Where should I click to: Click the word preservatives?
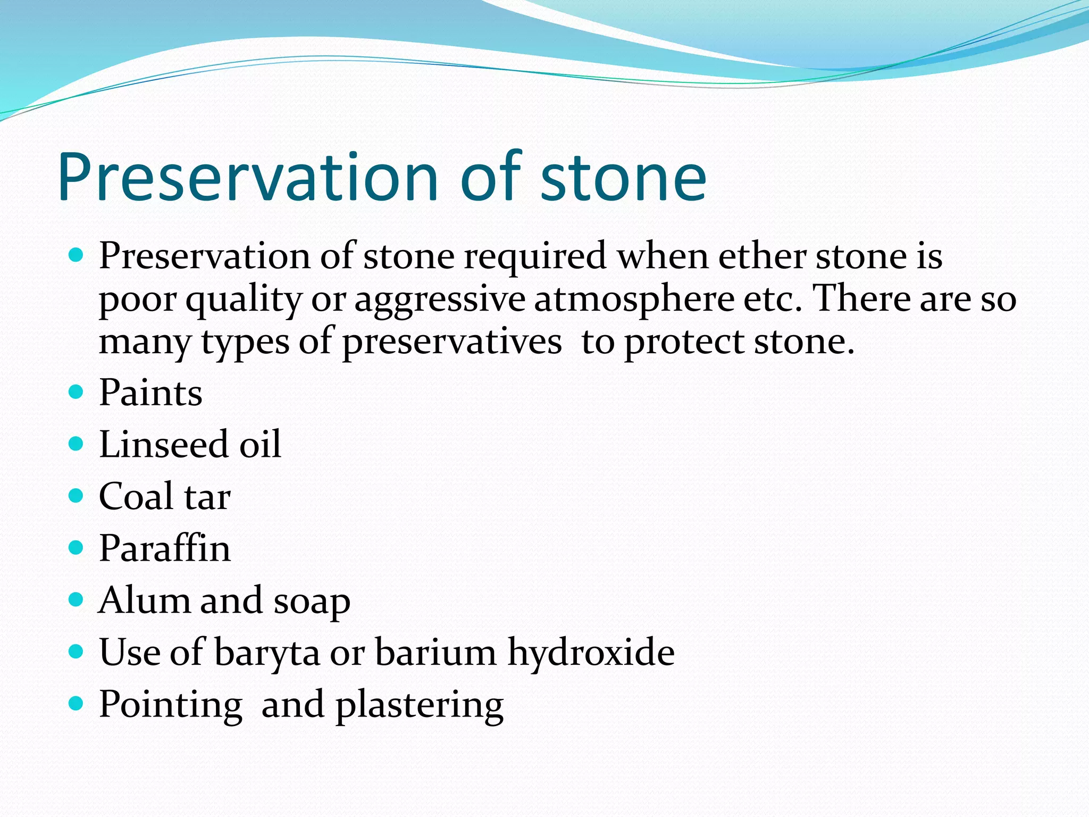tap(451, 342)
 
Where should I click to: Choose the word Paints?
tap(150, 393)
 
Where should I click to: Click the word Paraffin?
tap(165, 548)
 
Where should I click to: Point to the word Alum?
tap(144, 601)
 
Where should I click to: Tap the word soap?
tap(312, 602)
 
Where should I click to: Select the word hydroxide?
tap(591, 652)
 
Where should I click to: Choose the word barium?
tap(435, 652)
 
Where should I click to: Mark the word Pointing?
tap(171, 705)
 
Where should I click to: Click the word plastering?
tap(420, 705)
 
